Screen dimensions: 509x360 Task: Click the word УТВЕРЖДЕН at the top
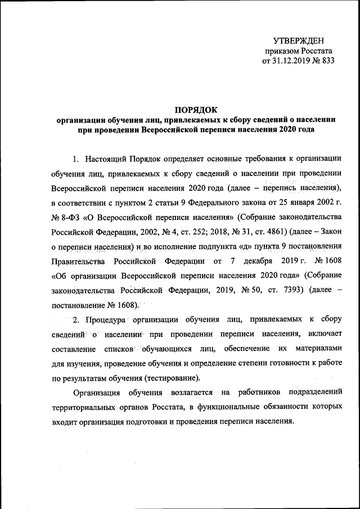pyautogui.click(x=299, y=40)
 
